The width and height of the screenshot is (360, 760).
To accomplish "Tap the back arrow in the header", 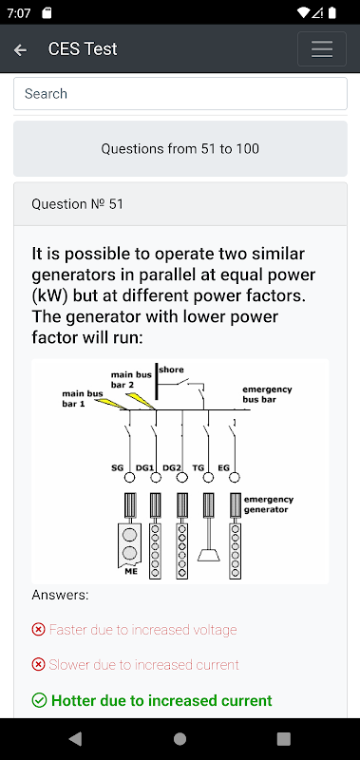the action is (x=20, y=49).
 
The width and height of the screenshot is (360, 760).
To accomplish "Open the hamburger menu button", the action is (x=322, y=49).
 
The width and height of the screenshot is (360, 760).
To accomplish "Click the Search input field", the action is (x=180, y=93).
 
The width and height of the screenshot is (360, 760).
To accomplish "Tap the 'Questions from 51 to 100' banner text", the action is (x=180, y=149).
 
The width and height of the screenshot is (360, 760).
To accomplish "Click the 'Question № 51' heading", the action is (x=78, y=204).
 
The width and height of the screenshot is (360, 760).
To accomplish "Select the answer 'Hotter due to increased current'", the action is (x=161, y=700).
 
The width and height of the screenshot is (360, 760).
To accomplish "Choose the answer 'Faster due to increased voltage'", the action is (x=142, y=630).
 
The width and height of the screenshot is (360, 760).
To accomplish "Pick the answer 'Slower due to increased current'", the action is (x=143, y=664).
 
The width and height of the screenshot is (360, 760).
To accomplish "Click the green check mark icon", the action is (x=39, y=700).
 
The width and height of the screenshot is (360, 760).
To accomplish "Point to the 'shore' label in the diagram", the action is (x=172, y=370).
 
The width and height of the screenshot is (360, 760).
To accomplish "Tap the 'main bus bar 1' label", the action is (x=83, y=398).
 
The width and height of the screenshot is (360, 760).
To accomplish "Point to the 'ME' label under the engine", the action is (x=131, y=572).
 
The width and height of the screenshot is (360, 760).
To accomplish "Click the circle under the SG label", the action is (x=130, y=478).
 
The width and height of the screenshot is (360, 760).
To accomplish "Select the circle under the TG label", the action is (x=208, y=478).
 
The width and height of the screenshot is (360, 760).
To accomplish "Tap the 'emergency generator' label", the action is (x=269, y=504).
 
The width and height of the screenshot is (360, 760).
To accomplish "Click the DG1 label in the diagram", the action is (x=144, y=467).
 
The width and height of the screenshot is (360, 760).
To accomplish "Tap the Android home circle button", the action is (x=180, y=739).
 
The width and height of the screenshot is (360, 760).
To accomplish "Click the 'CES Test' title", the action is (x=83, y=49).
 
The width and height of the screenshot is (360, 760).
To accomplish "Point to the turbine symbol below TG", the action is (x=208, y=556).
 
